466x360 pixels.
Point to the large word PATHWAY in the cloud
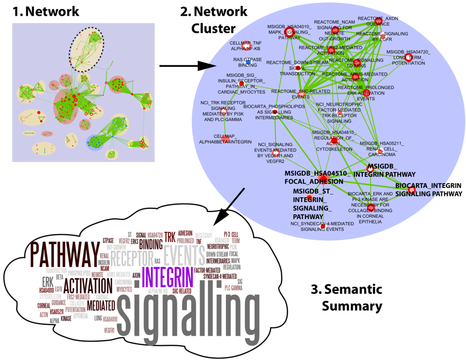pos(64,255)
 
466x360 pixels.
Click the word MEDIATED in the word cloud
pos(101,305)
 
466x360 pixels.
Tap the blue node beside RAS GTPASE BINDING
pos(248,63)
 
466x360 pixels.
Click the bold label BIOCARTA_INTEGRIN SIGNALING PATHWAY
pos(428,190)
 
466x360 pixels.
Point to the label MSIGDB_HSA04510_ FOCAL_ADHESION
pos(315,177)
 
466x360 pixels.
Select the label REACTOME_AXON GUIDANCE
pos(378,21)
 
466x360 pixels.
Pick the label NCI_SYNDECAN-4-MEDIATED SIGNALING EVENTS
pos(315,226)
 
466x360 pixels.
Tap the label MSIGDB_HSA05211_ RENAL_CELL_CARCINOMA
pos(378,148)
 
